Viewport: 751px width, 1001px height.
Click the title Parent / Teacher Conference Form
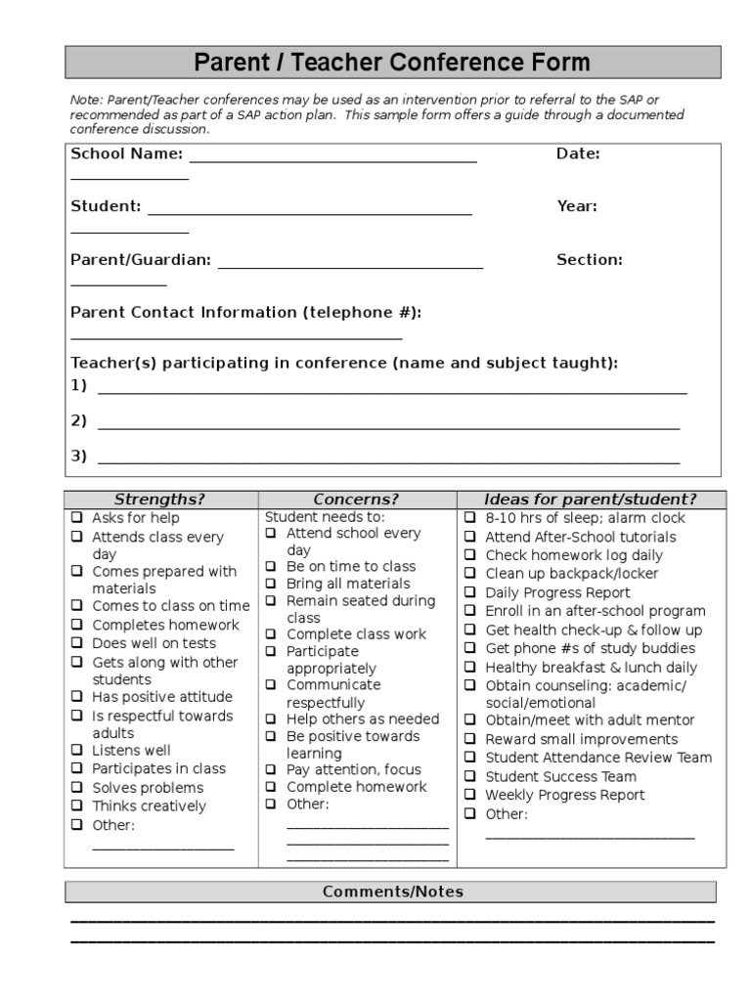(392, 64)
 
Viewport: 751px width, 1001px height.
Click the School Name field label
(126, 153)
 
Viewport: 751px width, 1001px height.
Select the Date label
(578, 153)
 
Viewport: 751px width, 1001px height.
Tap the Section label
(590, 260)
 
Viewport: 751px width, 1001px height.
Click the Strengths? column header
(159, 500)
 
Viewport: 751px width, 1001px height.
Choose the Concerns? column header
(356, 500)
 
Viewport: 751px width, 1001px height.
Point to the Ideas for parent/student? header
(590, 500)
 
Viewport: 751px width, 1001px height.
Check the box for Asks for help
(77, 518)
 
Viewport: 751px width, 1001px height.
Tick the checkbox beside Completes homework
(77, 625)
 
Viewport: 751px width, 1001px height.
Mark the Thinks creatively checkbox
(77, 806)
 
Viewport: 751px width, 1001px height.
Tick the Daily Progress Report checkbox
(470, 592)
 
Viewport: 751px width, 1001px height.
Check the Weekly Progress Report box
(470, 795)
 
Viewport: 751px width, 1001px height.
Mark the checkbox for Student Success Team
(470, 776)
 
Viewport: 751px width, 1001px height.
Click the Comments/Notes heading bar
(392, 892)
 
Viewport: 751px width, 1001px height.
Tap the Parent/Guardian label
(140, 260)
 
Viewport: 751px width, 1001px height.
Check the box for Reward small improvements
(470, 739)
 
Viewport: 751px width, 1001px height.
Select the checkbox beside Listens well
(77, 751)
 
